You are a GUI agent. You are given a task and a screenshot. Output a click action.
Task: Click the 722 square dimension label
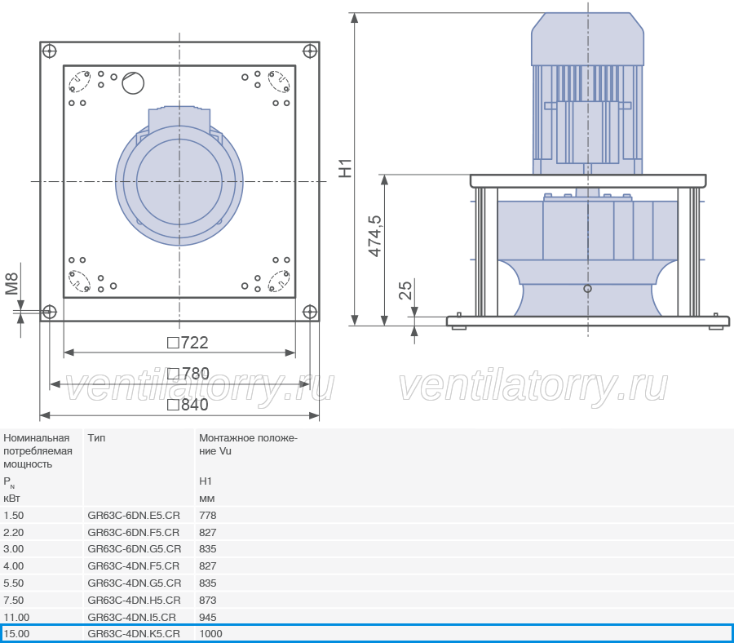click(188, 343)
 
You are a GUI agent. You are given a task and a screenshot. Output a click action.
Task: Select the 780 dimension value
click(188, 374)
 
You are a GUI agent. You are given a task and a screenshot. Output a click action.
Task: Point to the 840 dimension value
click(188, 405)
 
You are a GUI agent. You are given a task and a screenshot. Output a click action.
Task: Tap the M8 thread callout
click(11, 284)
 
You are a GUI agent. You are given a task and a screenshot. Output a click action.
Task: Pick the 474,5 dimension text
click(375, 236)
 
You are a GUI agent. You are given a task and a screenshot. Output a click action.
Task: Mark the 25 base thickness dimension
click(405, 290)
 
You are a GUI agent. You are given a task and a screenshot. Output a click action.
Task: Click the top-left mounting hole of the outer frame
click(49, 51)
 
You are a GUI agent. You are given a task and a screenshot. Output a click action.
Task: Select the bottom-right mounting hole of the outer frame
click(310, 312)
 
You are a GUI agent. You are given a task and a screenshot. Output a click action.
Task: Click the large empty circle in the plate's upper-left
click(133, 83)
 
